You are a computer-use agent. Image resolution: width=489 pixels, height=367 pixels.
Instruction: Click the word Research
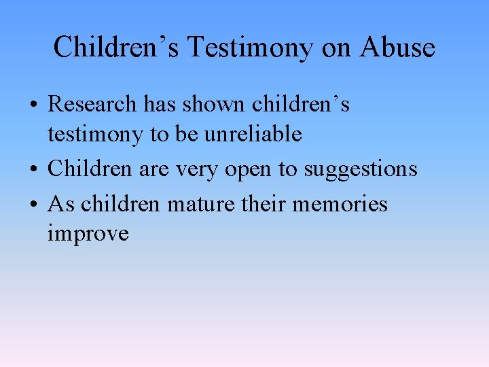93,105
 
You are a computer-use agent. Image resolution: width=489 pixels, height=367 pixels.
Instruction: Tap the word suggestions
361,169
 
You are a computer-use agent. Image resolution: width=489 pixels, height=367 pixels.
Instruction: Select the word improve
88,234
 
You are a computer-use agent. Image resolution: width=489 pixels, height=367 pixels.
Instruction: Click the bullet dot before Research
33,105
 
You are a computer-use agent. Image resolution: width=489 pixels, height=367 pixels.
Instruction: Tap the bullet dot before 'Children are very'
33,169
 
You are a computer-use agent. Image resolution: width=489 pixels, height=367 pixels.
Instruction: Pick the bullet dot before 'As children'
33,205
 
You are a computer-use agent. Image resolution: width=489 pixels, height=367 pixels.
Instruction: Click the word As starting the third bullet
58,204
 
